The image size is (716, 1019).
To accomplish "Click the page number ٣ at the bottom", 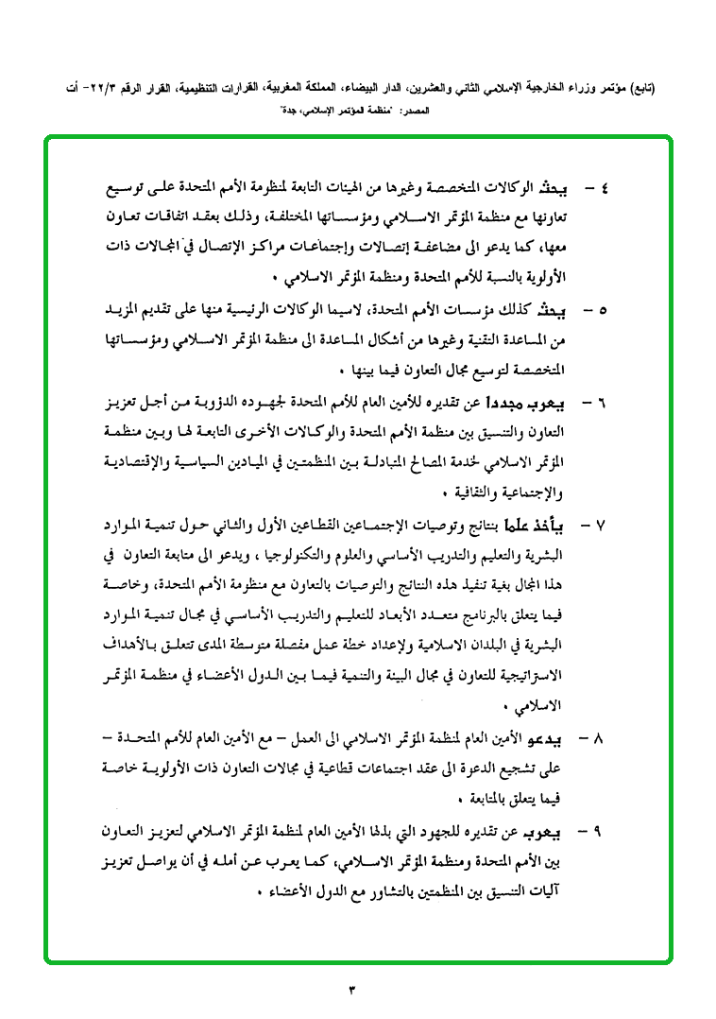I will [x=353, y=990].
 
